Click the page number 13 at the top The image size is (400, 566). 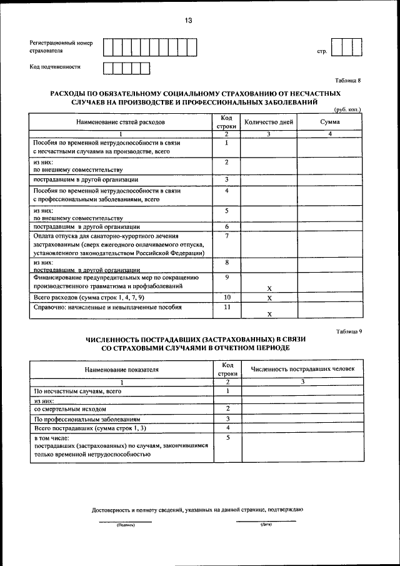click(188, 21)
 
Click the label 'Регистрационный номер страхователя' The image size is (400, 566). click(61, 47)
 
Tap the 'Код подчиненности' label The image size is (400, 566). click(55, 66)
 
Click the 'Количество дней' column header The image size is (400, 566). click(269, 123)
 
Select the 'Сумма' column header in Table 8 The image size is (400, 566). click(329, 123)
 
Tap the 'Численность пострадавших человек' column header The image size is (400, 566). click(302, 369)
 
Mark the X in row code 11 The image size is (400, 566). click(269, 314)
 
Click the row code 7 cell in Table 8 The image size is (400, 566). click(227, 236)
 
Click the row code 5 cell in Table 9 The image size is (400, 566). click(228, 438)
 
